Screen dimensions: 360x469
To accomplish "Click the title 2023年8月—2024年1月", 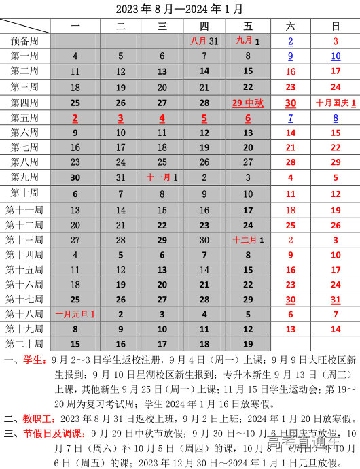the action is [179, 9].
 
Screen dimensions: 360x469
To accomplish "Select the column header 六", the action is [291, 26].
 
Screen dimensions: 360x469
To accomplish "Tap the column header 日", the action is [336, 26].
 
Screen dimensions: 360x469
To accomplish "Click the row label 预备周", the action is [24, 41].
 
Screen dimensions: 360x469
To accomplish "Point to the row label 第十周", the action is [24, 193].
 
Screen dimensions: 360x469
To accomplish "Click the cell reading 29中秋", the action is [247, 103].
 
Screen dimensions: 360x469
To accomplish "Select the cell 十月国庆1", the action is [336, 103].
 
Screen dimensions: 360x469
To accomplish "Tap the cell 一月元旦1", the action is [75, 315].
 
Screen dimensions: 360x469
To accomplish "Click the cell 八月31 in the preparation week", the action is [204, 41].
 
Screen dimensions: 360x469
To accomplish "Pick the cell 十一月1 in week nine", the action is [162, 177].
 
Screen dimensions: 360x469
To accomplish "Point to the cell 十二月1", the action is [247, 240].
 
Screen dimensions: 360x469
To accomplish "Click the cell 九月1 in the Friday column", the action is [248, 41].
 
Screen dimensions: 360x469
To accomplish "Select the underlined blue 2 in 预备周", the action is [291, 41].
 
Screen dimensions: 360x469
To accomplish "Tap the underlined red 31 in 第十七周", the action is [336, 299].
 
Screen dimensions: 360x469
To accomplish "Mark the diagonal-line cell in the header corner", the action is [25, 26].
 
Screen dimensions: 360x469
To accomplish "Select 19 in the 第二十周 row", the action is [248, 344].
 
